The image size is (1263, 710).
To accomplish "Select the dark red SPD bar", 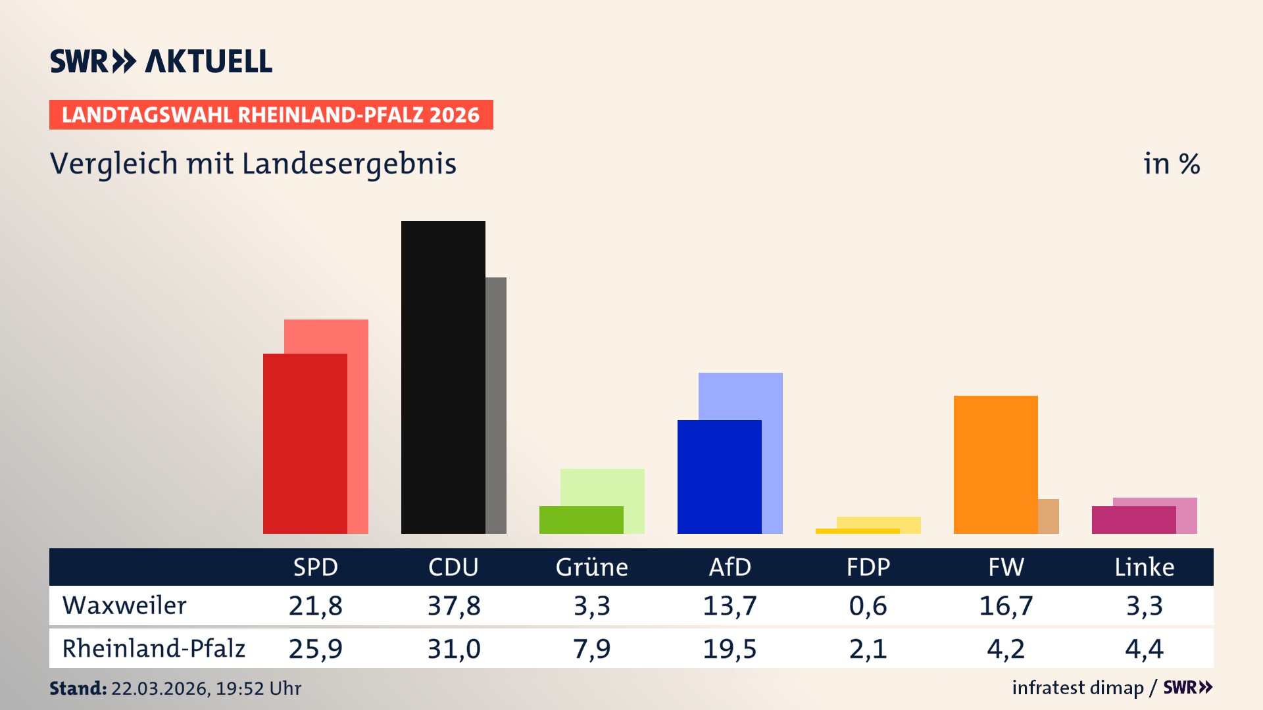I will coord(305,443).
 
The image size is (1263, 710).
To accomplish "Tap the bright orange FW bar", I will coord(995,464).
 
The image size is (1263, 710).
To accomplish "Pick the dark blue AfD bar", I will coord(719,477).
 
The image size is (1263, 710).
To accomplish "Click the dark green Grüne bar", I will coord(581,519).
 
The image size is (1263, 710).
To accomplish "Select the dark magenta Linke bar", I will coord(1133,520).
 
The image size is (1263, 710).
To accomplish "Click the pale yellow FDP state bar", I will coord(879,522).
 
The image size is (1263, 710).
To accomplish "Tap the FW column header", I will coord(1006,567).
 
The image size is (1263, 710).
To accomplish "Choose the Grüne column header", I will coord(591,567).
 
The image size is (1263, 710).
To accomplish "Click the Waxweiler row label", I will coord(124,605).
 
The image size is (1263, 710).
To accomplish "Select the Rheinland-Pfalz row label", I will coord(153,649).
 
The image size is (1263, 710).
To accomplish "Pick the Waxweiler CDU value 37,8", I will coord(454,605).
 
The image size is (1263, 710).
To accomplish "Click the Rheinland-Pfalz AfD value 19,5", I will coord(730,649).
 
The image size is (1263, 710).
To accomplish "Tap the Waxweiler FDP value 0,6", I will coord(868,605).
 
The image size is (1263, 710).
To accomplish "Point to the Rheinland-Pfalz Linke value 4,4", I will coord(1144,649).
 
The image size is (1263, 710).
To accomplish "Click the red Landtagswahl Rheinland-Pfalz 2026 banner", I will coord(271,115).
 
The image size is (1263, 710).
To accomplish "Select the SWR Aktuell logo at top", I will coord(161,61).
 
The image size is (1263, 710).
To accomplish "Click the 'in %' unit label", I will coord(1171,164).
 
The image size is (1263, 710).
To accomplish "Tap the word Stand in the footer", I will coord(78,688).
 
